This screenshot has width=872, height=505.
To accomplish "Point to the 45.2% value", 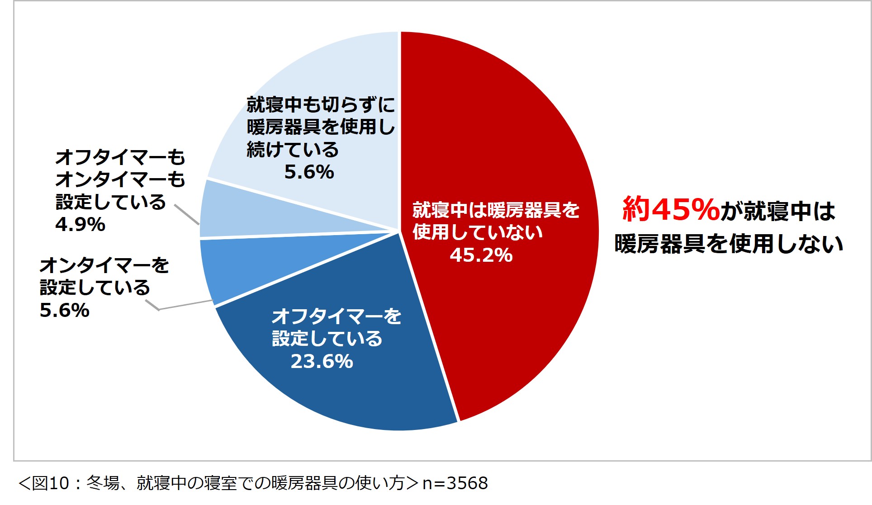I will [481, 255].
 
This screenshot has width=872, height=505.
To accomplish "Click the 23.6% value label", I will [322, 362].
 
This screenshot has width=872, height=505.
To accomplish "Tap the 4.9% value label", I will [80, 225].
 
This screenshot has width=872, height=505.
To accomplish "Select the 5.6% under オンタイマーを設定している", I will [65, 311].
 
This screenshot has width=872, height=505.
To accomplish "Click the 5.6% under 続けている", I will [309, 172].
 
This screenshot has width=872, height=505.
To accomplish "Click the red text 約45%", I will [671, 209].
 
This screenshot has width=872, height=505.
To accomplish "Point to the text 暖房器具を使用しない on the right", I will [729, 244].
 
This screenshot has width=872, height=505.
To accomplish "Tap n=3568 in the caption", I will [455, 483].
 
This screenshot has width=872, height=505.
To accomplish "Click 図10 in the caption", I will [50, 483].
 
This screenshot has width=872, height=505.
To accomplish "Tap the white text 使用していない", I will [477, 232].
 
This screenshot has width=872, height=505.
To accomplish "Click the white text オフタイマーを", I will [336, 316].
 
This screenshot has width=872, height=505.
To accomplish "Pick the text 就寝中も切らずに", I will [321, 105].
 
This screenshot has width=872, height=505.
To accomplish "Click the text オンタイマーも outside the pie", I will [120, 179].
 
